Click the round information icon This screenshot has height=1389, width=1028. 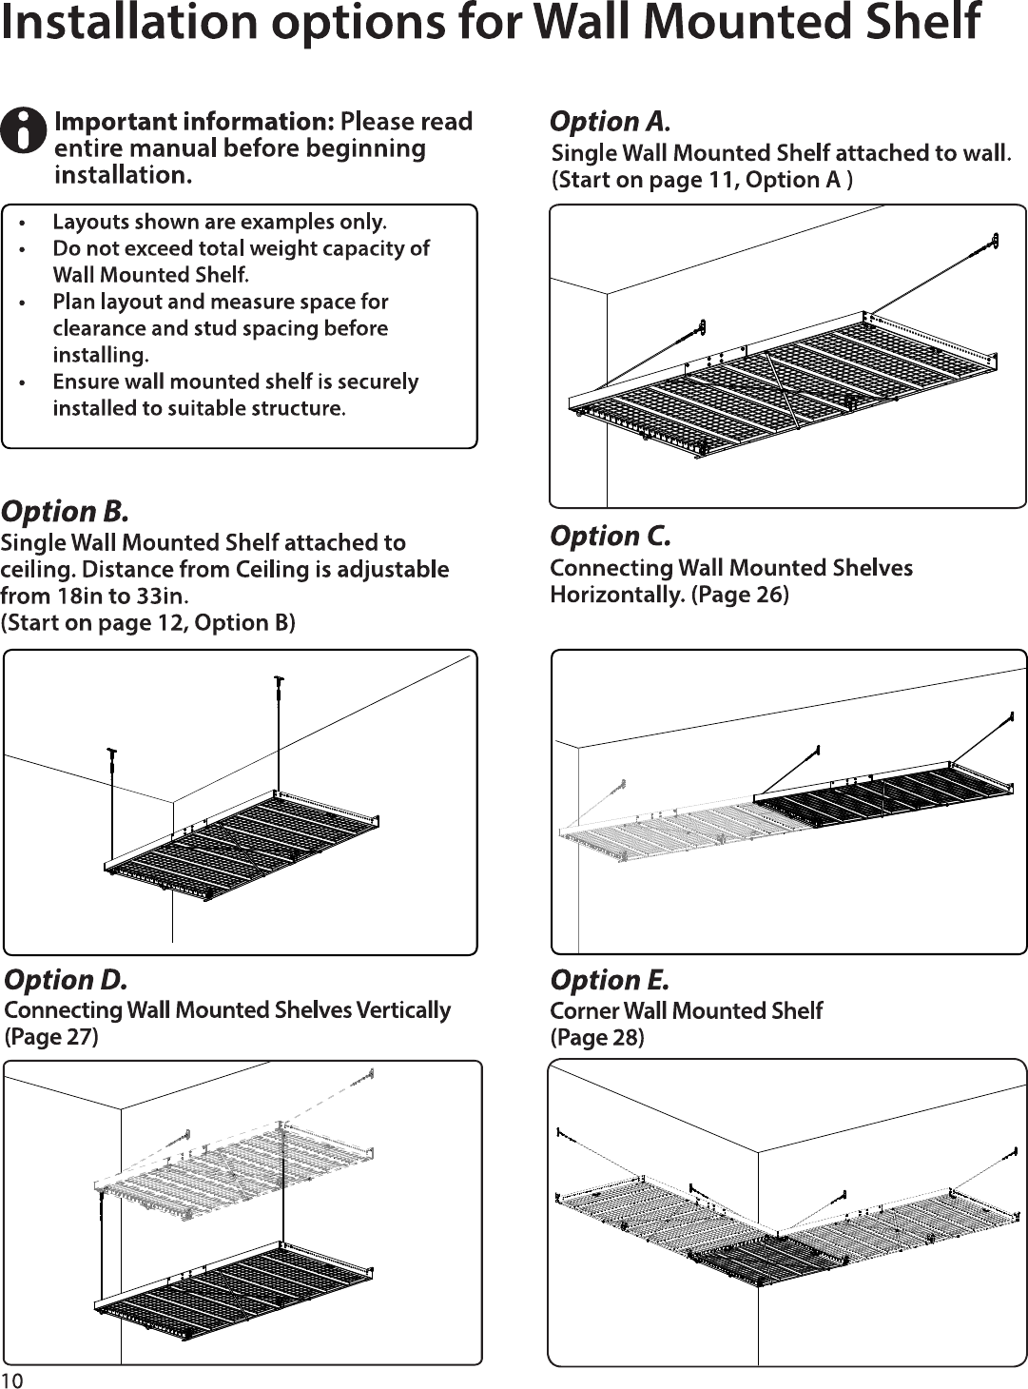(24, 131)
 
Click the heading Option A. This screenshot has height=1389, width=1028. (610, 122)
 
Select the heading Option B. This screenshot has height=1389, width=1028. (65, 512)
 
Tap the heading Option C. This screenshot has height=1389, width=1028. (611, 536)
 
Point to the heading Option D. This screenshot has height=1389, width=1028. (66, 980)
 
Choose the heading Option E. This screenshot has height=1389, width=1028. (610, 980)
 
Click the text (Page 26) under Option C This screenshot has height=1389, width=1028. (740, 595)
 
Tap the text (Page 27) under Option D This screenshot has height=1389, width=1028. (51, 1036)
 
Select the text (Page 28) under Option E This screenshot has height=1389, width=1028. (597, 1037)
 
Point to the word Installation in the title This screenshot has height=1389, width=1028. (129, 23)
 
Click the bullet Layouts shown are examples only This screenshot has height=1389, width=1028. (220, 223)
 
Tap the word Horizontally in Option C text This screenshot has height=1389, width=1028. (617, 595)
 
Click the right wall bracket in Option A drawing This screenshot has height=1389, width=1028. (994, 241)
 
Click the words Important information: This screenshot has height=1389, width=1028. (195, 122)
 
